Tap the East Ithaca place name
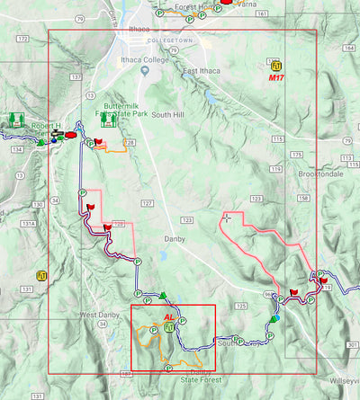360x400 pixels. pyautogui.click(x=201, y=71)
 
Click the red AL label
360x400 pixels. pyautogui.click(x=168, y=317)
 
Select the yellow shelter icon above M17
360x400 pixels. pyautogui.click(x=275, y=65)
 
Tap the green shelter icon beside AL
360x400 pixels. pyautogui.click(x=169, y=328)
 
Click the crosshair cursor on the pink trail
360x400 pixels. pyautogui.click(x=226, y=217)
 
